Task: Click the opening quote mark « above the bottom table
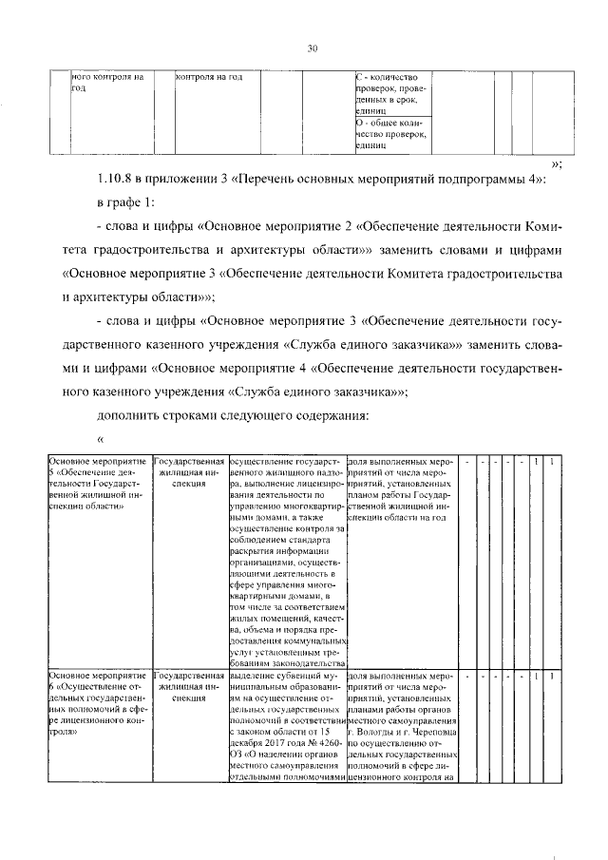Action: pos(101,439)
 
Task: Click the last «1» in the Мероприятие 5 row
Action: pos(553,462)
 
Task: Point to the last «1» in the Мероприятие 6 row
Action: pos(553,676)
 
